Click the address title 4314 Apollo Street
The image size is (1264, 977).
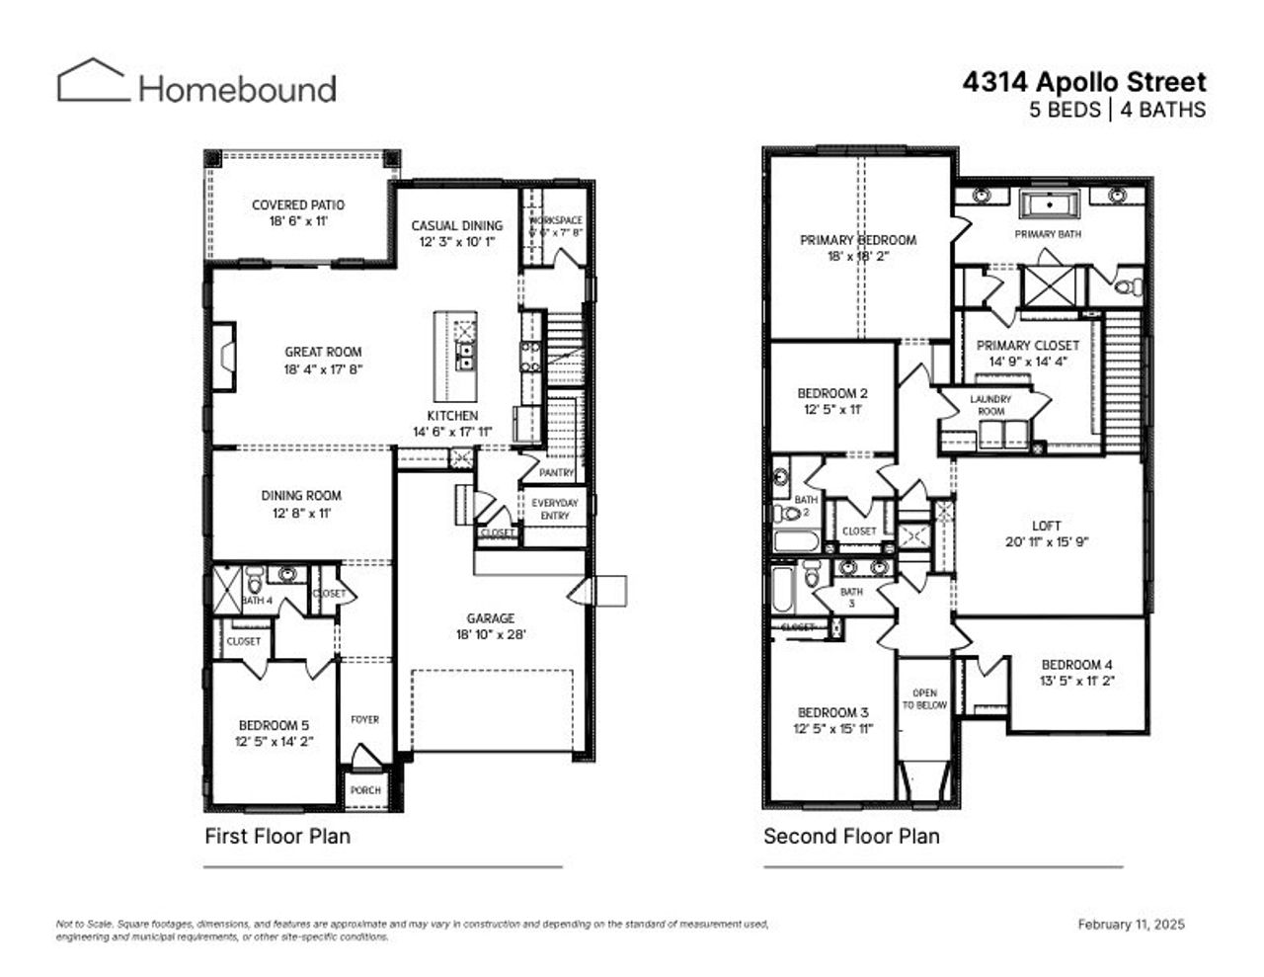point(1083,82)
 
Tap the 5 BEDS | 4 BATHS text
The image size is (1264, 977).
point(1117,110)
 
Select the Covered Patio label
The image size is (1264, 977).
point(297,205)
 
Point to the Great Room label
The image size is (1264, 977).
point(323,352)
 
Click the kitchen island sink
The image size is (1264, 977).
point(465,355)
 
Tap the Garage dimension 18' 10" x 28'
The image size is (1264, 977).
point(491,634)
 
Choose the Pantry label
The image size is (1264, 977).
point(556,473)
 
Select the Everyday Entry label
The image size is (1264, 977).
point(555,509)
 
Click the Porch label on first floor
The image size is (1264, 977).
point(365,790)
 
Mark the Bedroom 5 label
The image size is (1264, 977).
point(274,726)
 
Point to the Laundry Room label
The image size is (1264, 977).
point(990,405)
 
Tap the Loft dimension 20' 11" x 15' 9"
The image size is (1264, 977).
point(1046,542)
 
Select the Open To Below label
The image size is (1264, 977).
point(924,699)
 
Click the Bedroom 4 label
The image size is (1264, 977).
point(1076,665)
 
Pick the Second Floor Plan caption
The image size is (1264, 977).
point(851,837)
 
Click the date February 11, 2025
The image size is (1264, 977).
point(1131,925)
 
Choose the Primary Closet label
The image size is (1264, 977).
point(1027,346)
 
